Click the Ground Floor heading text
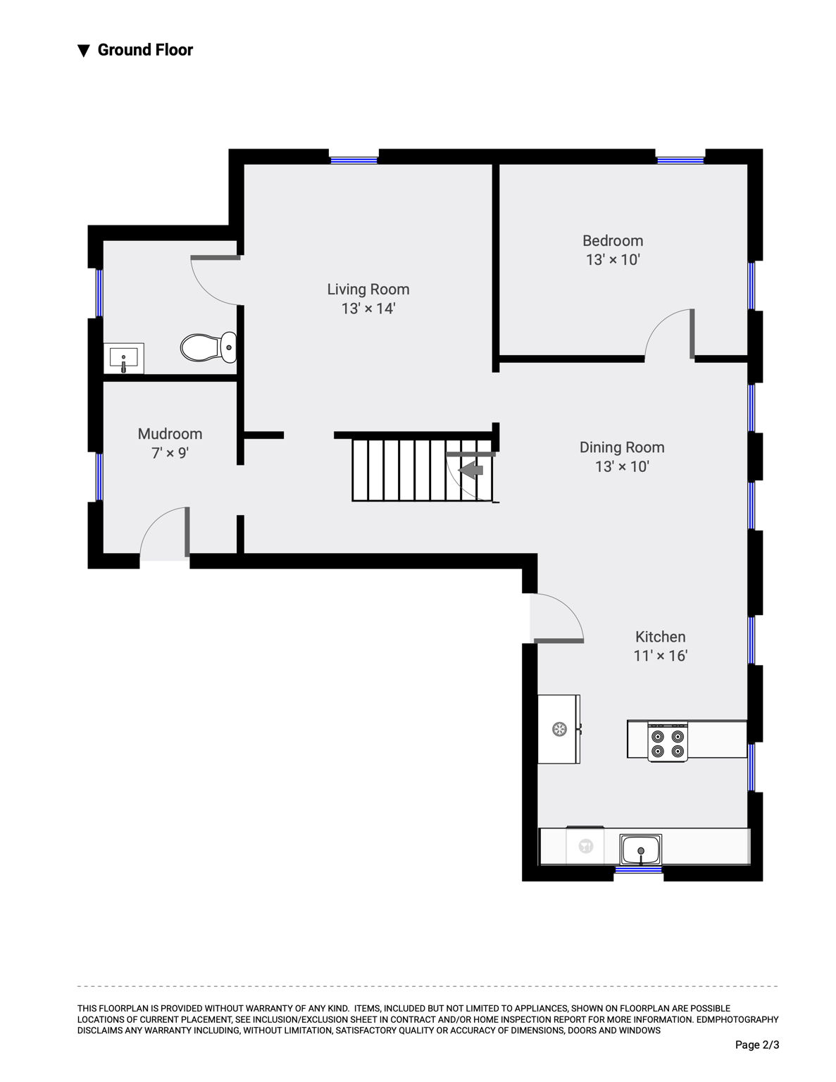click(x=145, y=50)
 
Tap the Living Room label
click(x=368, y=290)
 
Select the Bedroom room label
click(x=613, y=241)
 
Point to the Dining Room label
click(x=622, y=447)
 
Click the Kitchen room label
click(x=661, y=636)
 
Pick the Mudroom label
click(x=170, y=434)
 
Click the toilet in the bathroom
click(x=208, y=347)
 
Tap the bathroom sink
click(x=123, y=359)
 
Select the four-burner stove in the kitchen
click(x=668, y=742)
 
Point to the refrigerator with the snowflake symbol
click(x=559, y=730)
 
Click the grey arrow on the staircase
click(x=470, y=470)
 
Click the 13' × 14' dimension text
click(x=368, y=309)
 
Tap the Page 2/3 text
click(x=757, y=1045)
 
